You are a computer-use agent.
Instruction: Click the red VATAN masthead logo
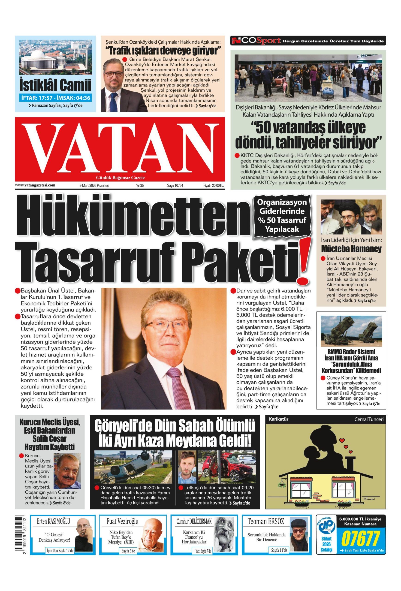coord(120,148)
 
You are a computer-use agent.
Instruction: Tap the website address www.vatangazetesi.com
coord(35,185)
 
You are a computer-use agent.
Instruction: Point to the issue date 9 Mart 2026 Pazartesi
coord(94,186)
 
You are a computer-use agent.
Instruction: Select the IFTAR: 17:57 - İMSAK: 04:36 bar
coord(55,98)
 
